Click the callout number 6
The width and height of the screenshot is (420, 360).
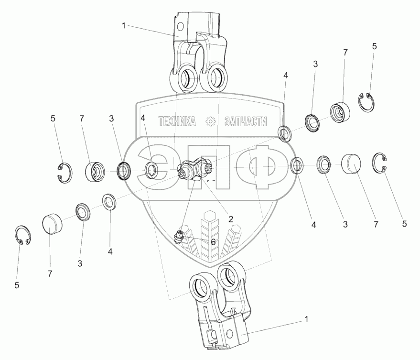pos(213,242)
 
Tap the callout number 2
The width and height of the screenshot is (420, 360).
pos(230,219)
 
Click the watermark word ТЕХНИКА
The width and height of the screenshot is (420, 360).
pos(177,122)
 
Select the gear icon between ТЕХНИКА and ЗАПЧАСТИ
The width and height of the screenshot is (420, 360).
pos(210,122)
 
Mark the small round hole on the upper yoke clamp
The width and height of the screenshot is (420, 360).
pos(180,24)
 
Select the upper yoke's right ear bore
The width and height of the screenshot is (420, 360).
pos(217,76)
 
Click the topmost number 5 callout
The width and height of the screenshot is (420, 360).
pos(374,46)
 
